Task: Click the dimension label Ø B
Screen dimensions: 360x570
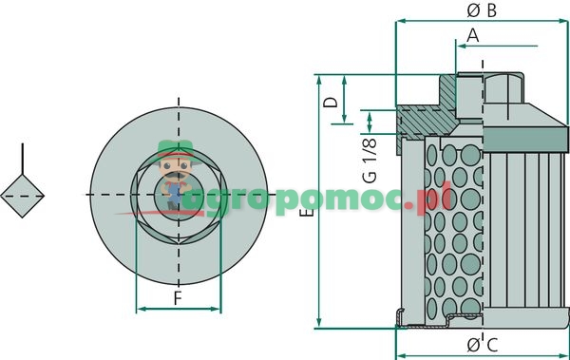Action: point(483,10)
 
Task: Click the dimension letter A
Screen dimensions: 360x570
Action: point(472,35)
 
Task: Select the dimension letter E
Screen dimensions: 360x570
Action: point(303,217)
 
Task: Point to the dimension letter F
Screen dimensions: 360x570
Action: point(178,298)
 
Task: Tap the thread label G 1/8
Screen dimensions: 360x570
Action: point(370,161)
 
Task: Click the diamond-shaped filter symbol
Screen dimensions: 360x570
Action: point(23,195)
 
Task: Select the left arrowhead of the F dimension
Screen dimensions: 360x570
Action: point(141,309)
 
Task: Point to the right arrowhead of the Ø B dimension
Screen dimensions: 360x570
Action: point(564,20)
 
